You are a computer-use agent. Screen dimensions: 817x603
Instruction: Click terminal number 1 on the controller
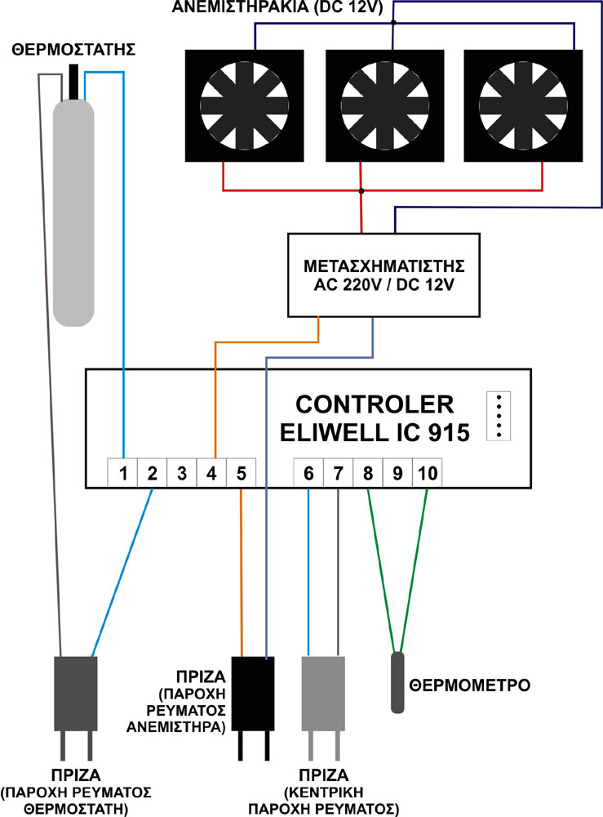(x=123, y=472)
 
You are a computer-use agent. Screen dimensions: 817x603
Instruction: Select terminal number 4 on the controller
(x=211, y=472)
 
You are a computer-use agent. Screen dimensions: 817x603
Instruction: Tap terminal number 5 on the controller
(x=241, y=472)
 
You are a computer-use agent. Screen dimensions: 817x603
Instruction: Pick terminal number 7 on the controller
(x=338, y=472)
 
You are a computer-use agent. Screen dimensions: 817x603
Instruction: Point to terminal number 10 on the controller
(x=427, y=472)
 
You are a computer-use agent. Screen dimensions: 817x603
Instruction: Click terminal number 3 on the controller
(x=182, y=472)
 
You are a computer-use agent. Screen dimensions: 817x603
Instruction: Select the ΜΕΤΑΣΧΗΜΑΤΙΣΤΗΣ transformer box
(x=384, y=275)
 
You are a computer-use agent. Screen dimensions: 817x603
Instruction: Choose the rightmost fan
(x=523, y=105)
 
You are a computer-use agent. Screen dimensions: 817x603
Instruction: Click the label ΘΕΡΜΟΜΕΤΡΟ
(x=470, y=684)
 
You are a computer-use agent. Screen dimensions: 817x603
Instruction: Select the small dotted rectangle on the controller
(x=496, y=416)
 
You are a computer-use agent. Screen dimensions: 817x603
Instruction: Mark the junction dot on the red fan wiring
(x=361, y=192)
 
